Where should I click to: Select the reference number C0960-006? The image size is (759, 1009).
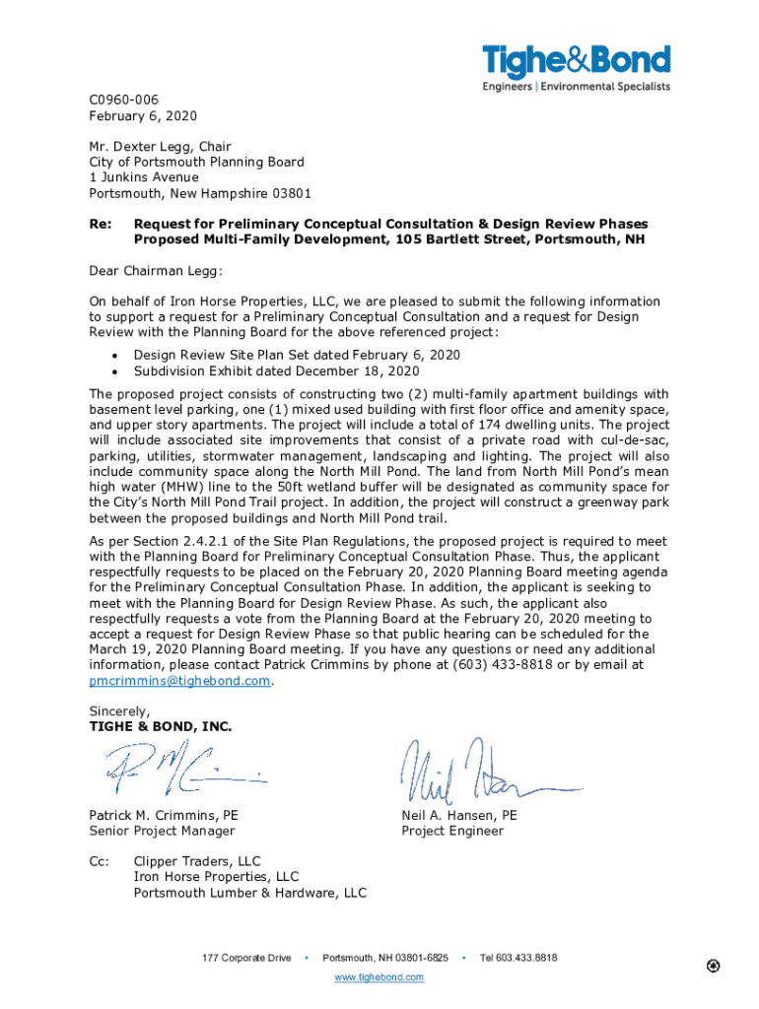(x=123, y=100)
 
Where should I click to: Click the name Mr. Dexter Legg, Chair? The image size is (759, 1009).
(x=160, y=147)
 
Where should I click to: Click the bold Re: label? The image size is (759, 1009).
(x=101, y=224)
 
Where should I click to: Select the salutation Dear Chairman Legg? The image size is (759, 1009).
(x=156, y=271)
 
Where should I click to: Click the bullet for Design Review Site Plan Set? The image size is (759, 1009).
(x=118, y=355)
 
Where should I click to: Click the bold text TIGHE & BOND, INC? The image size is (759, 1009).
(x=161, y=726)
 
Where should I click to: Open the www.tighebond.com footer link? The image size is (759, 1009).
(x=379, y=976)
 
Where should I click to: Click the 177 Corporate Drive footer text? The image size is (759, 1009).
(x=246, y=958)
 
